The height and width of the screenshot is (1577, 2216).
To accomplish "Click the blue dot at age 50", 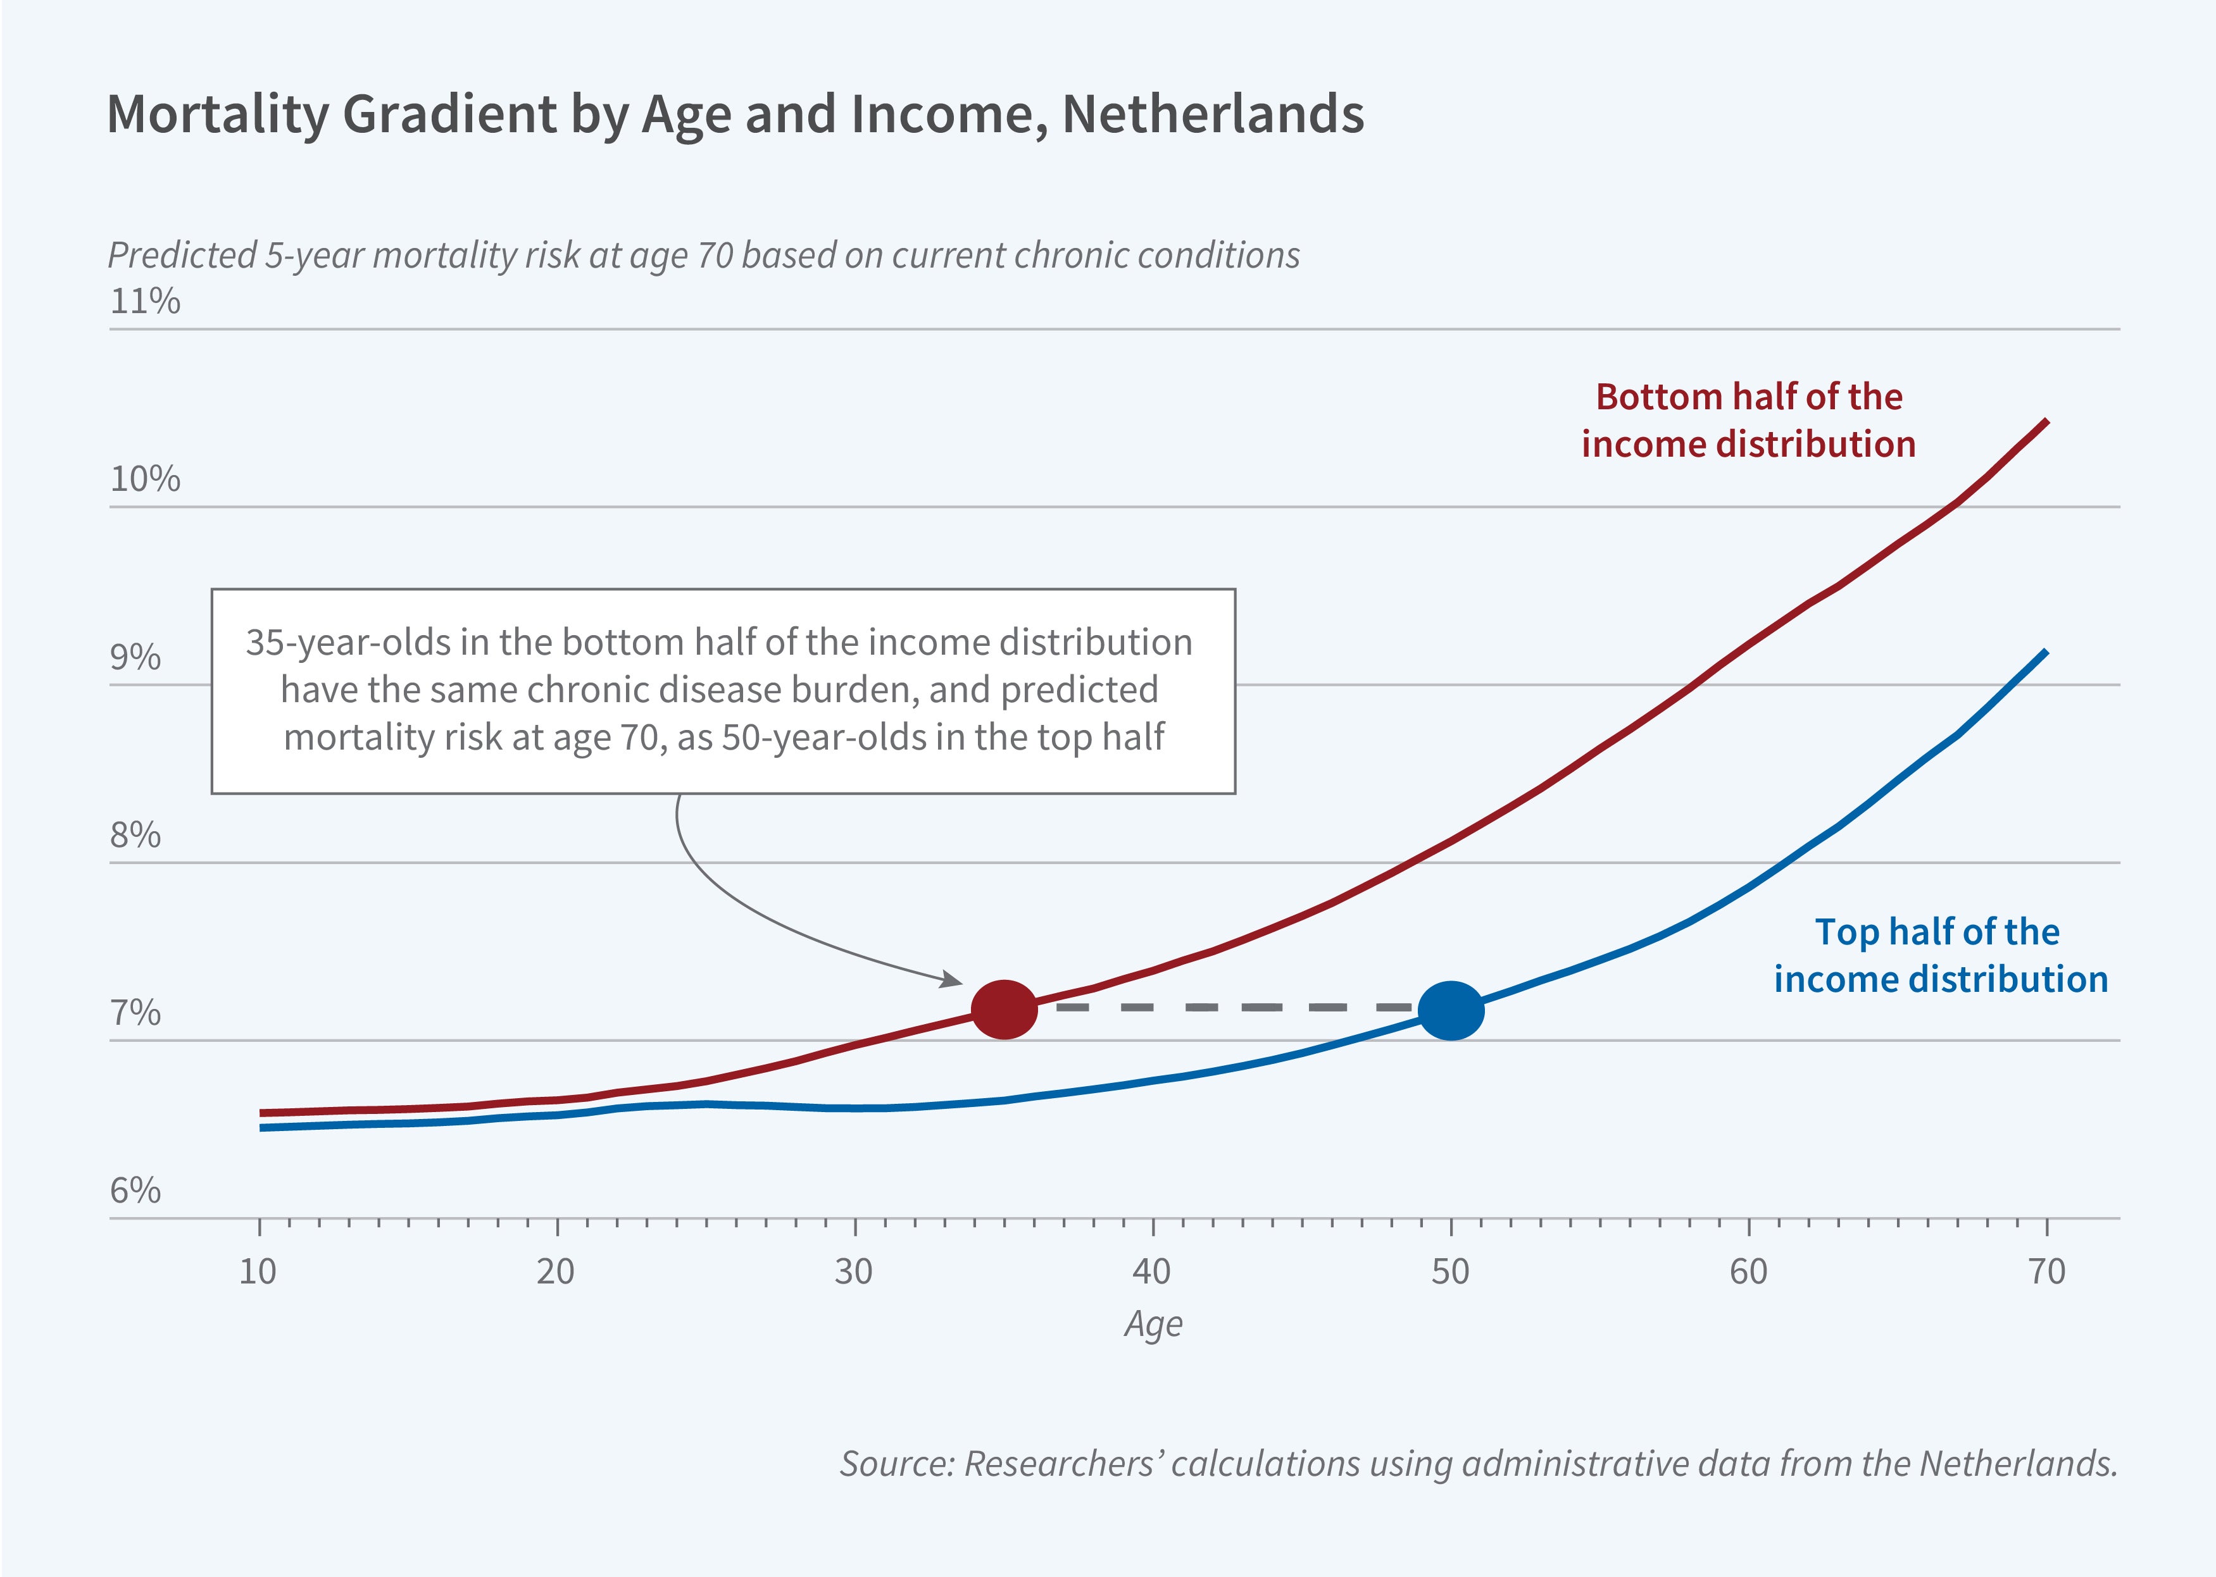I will coord(1451,1011).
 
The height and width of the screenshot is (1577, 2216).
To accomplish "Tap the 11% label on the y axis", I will coord(145,301).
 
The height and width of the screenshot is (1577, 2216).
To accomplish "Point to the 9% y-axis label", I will coord(135,657).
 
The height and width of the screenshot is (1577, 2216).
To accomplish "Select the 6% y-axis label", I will coord(135,1190).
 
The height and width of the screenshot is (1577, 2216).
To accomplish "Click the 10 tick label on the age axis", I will coord(258,1271).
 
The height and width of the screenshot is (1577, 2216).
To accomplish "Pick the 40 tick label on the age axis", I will coord(1152,1271).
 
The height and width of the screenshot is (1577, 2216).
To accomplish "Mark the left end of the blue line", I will coord(261,1127).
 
